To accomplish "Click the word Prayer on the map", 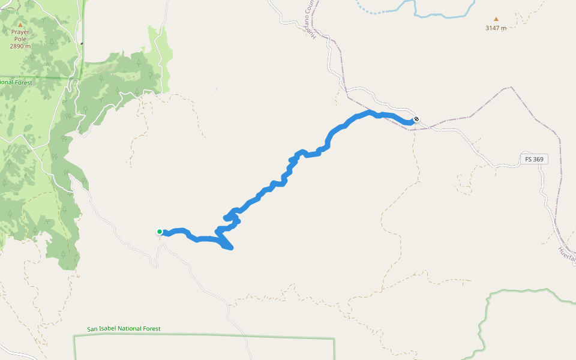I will coord(20,32).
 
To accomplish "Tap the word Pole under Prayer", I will coord(20,39).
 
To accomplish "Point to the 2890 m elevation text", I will coord(20,46).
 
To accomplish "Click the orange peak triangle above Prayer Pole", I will coord(13,25).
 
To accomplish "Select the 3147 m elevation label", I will coord(496,28).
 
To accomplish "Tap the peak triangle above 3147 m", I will coord(496,19).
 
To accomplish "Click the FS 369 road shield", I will coord(534,159).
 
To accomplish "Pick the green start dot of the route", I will coord(160,232).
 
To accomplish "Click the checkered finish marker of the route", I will coord(416,119).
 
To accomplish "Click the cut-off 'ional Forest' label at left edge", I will coord(16,82).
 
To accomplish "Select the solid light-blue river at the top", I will coord(444,14).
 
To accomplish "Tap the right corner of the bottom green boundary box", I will coord(334,340).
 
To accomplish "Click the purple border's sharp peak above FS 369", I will coord(511,88).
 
